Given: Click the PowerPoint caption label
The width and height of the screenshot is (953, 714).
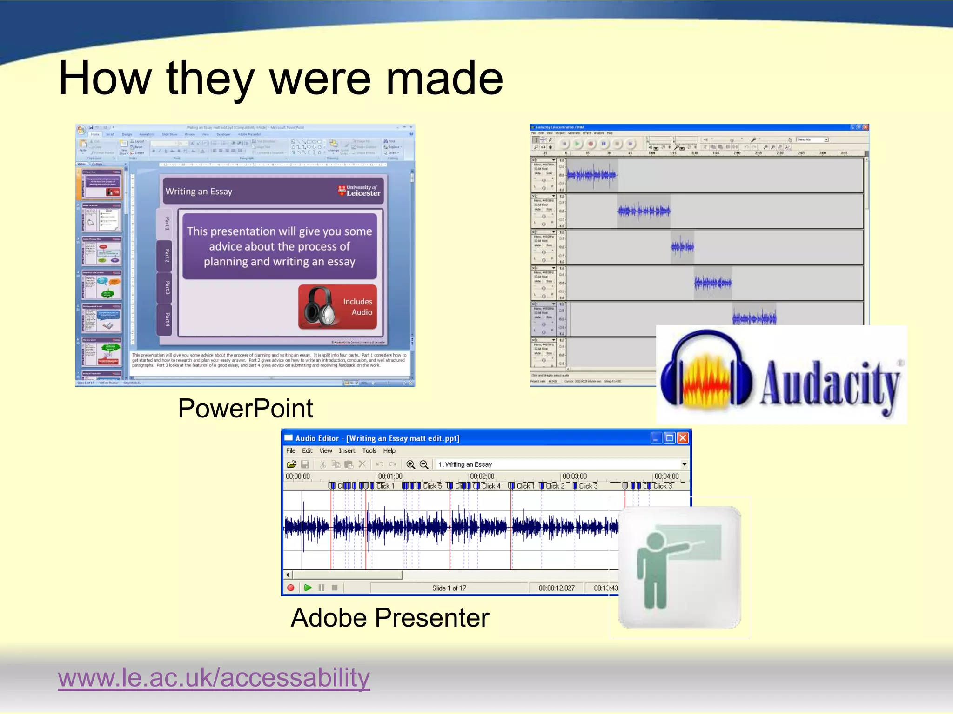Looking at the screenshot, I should click(x=245, y=409).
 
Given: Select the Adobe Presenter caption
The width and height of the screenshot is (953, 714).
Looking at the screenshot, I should click(x=390, y=618).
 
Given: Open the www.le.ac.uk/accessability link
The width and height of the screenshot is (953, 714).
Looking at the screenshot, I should click(x=214, y=677).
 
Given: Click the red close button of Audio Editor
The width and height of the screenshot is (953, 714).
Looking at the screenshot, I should click(x=683, y=438).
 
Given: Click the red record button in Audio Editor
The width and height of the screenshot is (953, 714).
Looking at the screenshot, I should click(x=291, y=588).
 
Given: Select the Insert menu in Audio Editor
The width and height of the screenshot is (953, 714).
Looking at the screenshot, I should click(x=347, y=451).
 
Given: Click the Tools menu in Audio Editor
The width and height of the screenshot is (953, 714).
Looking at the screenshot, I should click(x=369, y=451).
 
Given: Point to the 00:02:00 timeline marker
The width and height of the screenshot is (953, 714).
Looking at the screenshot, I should click(x=482, y=476).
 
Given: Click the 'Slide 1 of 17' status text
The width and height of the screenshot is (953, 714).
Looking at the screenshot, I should click(x=449, y=588).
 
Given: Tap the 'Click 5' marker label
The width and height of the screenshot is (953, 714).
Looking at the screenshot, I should click(x=432, y=486).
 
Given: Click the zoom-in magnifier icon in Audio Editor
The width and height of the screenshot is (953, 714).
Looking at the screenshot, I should click(x=410, y=464).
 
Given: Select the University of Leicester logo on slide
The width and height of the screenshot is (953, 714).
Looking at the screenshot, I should click(x=359, y=191).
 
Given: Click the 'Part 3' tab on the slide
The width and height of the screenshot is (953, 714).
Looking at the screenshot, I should click(x=167, y=288).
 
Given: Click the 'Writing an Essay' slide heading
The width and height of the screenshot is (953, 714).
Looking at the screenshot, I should click(x=199, y=192).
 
